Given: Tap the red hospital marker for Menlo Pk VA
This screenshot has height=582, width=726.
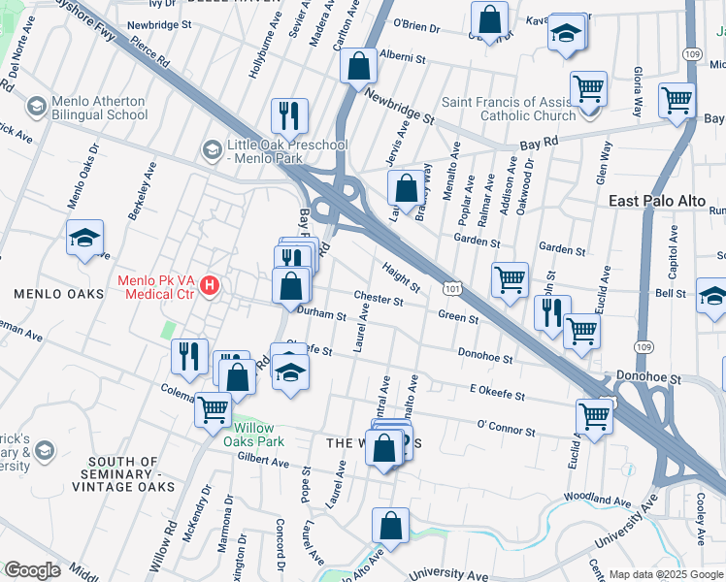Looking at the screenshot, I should point(210,286).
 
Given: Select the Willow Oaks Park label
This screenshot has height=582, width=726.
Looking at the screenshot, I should point(251,435).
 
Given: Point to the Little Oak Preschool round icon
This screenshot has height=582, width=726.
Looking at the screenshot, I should point(212,149).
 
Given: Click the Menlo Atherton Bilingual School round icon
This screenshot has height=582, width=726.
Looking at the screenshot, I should point(37,106).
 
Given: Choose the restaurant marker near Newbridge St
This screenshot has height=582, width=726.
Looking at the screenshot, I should point(288,115).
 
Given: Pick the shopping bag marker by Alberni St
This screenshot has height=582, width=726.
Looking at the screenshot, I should point(358,65).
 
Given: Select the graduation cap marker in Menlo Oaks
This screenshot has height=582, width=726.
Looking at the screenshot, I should point(84,237).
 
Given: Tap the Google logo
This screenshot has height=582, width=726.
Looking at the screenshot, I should point(32,570).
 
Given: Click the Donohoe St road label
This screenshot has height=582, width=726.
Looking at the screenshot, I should point(484,357).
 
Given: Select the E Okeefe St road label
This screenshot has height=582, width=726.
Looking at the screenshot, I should point(496,396).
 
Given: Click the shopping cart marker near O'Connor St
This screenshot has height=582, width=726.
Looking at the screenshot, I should point(594,416).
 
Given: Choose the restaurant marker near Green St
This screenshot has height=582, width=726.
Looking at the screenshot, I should point(551,312).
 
